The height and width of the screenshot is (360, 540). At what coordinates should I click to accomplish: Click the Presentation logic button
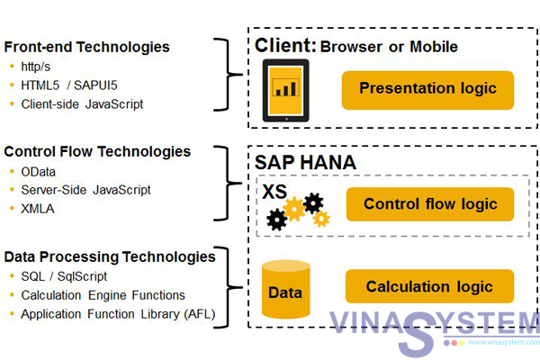(427, 89)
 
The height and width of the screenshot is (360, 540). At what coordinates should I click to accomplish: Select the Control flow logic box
(429, 204)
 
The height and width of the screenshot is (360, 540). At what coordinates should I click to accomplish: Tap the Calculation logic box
(429, 287)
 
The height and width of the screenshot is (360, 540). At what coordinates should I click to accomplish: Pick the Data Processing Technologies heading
(110, 256)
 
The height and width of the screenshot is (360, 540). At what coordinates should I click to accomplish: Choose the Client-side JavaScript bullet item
(82, 103)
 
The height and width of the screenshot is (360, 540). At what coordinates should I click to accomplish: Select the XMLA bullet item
(37, 208)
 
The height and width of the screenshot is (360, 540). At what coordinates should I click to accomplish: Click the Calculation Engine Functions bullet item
(103, 295)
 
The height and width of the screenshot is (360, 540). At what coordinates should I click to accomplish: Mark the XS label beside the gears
(272, 191)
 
